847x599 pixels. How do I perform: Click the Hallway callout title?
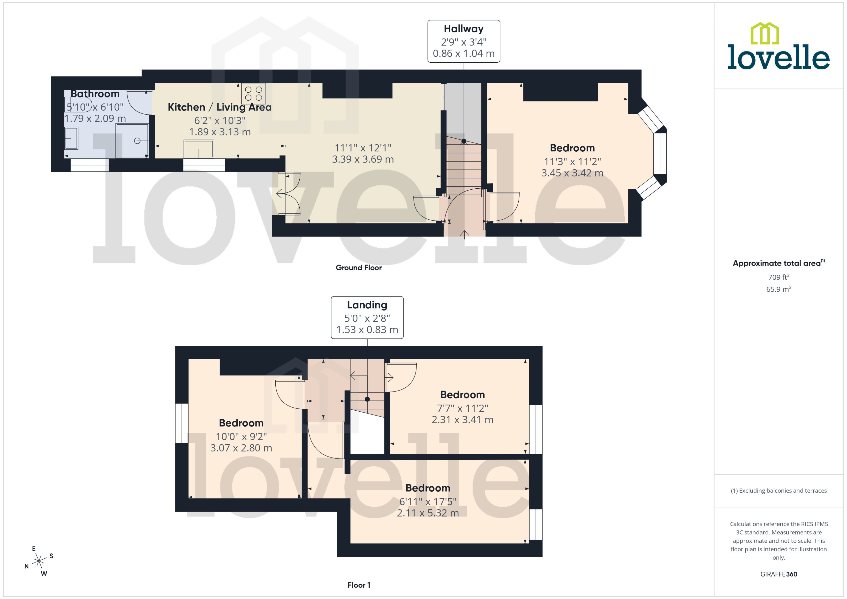click(463, 29)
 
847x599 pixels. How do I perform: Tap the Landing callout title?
click(367, 305)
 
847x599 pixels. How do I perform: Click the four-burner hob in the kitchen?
click(254, 94)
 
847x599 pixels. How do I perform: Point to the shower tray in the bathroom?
click(132, 141)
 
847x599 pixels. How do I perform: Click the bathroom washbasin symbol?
click(71, 138)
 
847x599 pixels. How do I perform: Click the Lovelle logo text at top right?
click(779, 57)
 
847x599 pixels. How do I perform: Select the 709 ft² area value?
click(779, 277)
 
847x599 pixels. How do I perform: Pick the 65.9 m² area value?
click(779, 289)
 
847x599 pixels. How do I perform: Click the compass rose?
click(39, 561)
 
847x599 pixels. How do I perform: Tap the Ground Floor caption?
click(358, 268)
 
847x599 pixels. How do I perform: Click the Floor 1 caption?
click(359, 585)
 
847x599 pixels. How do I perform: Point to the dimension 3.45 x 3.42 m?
click(572, 173)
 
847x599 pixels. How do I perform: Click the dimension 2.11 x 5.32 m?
click(428, 513)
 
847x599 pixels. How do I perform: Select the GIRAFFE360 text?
click(779, 574)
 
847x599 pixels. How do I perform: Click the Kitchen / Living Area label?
click(219, 107)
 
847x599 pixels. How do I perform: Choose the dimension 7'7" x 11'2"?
click(462, 408)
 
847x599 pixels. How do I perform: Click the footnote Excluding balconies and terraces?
click(779, 491)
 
